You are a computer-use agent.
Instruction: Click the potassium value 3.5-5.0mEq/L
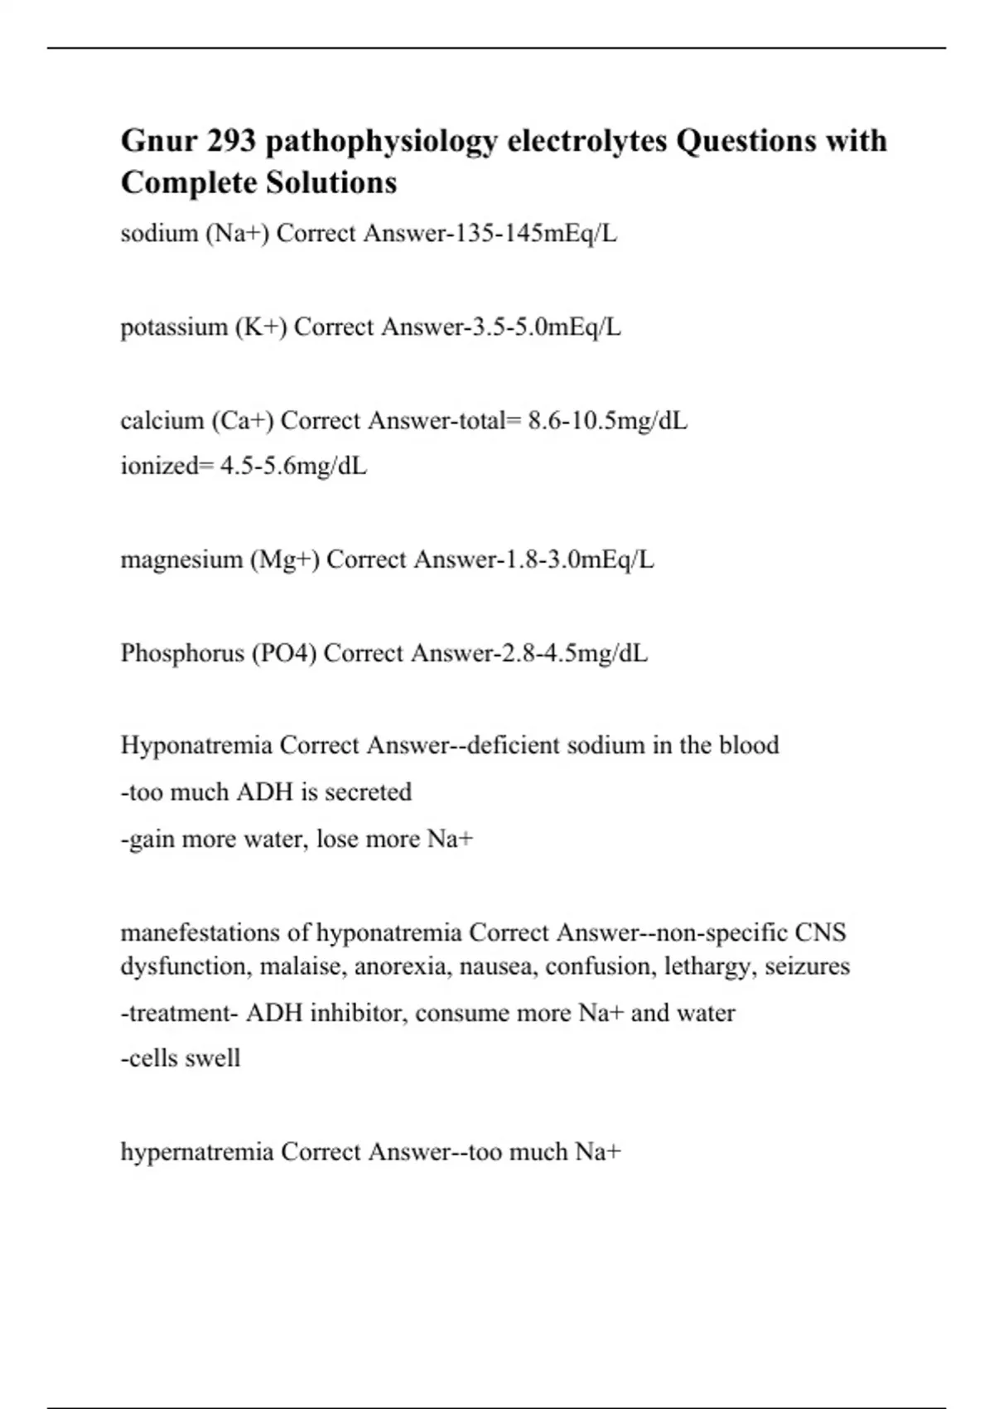coord(546,327)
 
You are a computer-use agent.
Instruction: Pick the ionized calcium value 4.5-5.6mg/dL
coord(293,466)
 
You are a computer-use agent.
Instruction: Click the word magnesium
coord(181,559)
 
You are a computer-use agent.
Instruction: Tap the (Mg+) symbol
coord(284,559)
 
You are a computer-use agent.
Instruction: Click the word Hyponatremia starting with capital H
coord(196,745)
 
